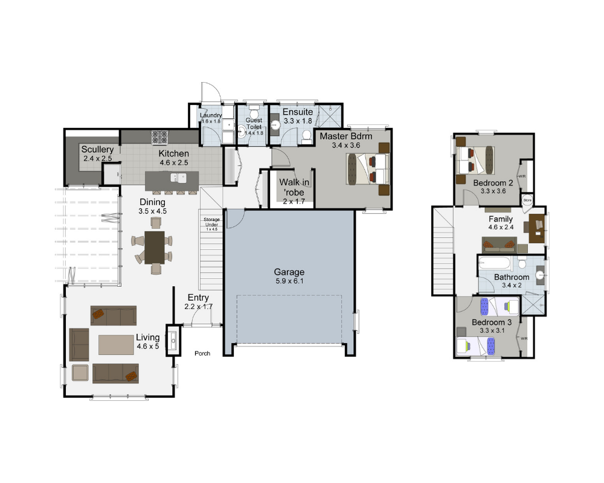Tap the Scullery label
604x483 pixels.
[x=98, y=149]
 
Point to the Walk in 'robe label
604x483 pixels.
[x=294, y=182]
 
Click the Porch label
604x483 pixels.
[x=202, y=353]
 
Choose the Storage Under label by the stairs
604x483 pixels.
[x=211, y=222]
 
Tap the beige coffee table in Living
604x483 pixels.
[x=117, y=345]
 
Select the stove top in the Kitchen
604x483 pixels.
[x=159, y=138]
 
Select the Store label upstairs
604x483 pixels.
[x=527, y=199]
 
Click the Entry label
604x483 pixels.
[x=198, y=298]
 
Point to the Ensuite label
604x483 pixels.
[x=298, y=112]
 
